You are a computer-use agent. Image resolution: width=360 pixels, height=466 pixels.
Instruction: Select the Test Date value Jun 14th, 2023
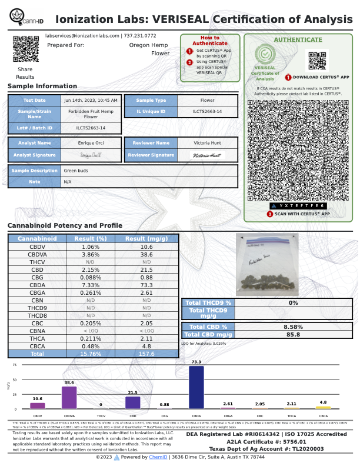point(91,100)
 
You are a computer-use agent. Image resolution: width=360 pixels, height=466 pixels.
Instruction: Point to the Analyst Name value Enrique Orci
point(91,143)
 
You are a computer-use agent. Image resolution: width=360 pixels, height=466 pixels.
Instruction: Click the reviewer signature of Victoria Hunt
point(207,155)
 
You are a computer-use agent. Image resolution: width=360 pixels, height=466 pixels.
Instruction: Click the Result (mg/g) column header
point(146,239)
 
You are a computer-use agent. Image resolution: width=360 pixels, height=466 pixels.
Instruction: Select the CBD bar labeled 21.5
point(132,402)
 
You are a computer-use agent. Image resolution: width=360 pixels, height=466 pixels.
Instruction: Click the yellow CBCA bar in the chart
point(323,407)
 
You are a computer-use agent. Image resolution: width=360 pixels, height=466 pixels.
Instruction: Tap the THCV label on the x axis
point(101,415)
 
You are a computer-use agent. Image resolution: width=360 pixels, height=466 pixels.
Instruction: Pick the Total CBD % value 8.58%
point(293,327)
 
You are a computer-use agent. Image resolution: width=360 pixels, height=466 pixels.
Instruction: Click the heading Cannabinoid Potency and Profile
point(65,226)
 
